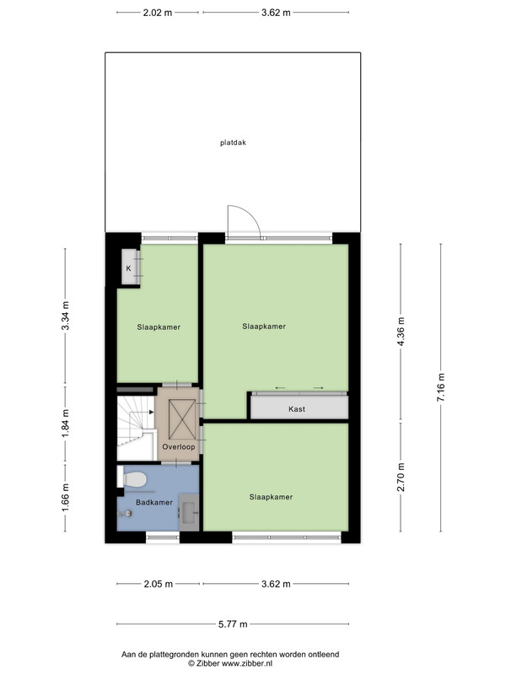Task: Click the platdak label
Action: tap(233, 143)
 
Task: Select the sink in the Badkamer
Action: tap(189, 512)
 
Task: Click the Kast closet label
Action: tap(297, 409)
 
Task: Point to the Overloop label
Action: tap(179, 447)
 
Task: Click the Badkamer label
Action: tap(154, 502)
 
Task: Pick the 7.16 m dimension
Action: tap(440, 387)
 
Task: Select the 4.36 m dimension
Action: tap(401, 332)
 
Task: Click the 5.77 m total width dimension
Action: tap(233, 624)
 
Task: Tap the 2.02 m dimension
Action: tap(158, 13)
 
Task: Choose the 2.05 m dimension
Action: tap(158, 584)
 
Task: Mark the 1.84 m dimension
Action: tap(66, 424)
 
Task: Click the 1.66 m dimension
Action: tap(66, 498)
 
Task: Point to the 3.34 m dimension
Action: tap(66, 316)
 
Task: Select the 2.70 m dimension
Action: tap(401, 477)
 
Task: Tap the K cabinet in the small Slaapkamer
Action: tap(129, 267)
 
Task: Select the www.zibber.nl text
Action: tap(246, 663)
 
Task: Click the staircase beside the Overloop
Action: tap(136, 428)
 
